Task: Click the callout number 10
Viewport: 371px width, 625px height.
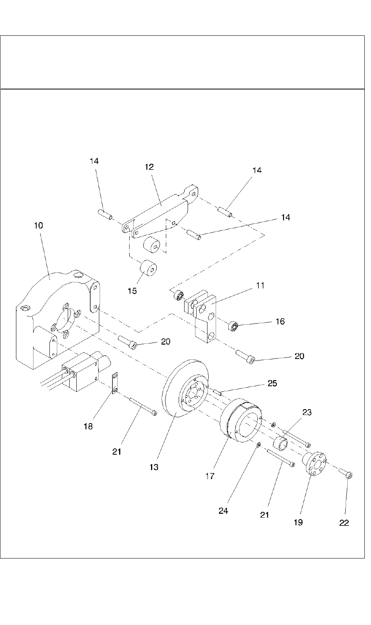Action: (38, 226)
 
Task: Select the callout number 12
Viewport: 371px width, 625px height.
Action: (149, 167)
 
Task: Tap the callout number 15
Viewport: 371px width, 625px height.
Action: (132, 291)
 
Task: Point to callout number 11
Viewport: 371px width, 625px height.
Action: (260, 285)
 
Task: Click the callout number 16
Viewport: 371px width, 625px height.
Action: (280, 322)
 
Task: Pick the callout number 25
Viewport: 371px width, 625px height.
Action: (272, 383)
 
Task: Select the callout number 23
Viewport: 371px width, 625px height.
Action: (307, 412)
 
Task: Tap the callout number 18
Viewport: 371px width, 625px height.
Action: (88, 426)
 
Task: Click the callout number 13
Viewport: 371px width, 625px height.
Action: (154, 467)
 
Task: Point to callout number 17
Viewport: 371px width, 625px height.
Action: (210, 476)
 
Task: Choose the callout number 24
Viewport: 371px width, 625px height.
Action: (223, 511)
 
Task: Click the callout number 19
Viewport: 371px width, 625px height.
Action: (298, 522)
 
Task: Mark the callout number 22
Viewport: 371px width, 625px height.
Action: (344, 523)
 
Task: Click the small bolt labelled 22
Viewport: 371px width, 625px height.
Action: (347, 473)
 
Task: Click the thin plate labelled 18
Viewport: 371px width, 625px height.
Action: (114, 383)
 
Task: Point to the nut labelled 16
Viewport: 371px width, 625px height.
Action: (233, 324)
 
